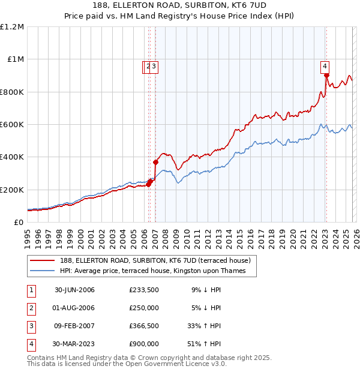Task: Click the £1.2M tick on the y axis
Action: (x=12, y=27)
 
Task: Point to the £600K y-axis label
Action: (x=12, y=125)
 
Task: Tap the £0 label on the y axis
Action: (x=19, y=222)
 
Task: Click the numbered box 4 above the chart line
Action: (x=324, y=67)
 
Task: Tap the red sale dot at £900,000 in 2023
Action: (x=326, y=76)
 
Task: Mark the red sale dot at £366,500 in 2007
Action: (x=155, y=162)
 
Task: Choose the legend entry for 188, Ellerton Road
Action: (x=158, y=260)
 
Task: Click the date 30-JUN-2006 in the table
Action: (x=74, y=290)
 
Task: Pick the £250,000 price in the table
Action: (x=144, y=308)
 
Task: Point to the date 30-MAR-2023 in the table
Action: (x=74, y=344)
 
